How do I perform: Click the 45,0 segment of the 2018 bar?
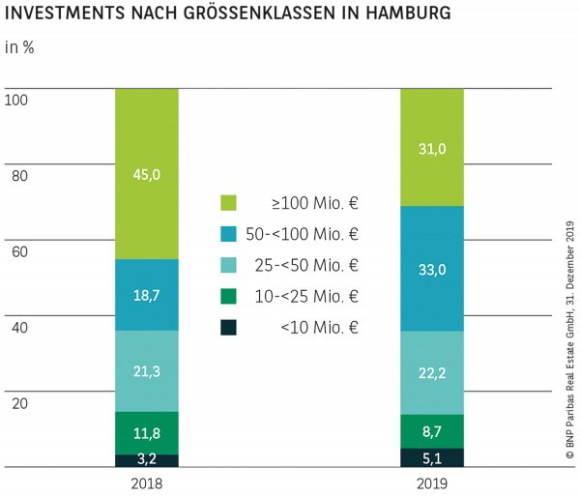(x=147, y=174)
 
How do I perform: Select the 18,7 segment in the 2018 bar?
(x=147, y=295)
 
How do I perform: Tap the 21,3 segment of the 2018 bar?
(x=147, y=371)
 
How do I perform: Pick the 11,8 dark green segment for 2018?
(x=147, y=433)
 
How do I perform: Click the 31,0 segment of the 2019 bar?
(x=432, y=147)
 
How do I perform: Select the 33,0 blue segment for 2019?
(x=432, y=269)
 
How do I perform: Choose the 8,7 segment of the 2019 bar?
(x=432, y=431)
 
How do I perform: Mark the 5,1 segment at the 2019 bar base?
(x=432, y=457)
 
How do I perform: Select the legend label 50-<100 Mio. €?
(x=313, y=234)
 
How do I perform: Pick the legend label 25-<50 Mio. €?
(x=316, y=265)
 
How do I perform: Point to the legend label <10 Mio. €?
(x=320, y=327)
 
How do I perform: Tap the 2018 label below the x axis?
(x=147, y=482)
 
